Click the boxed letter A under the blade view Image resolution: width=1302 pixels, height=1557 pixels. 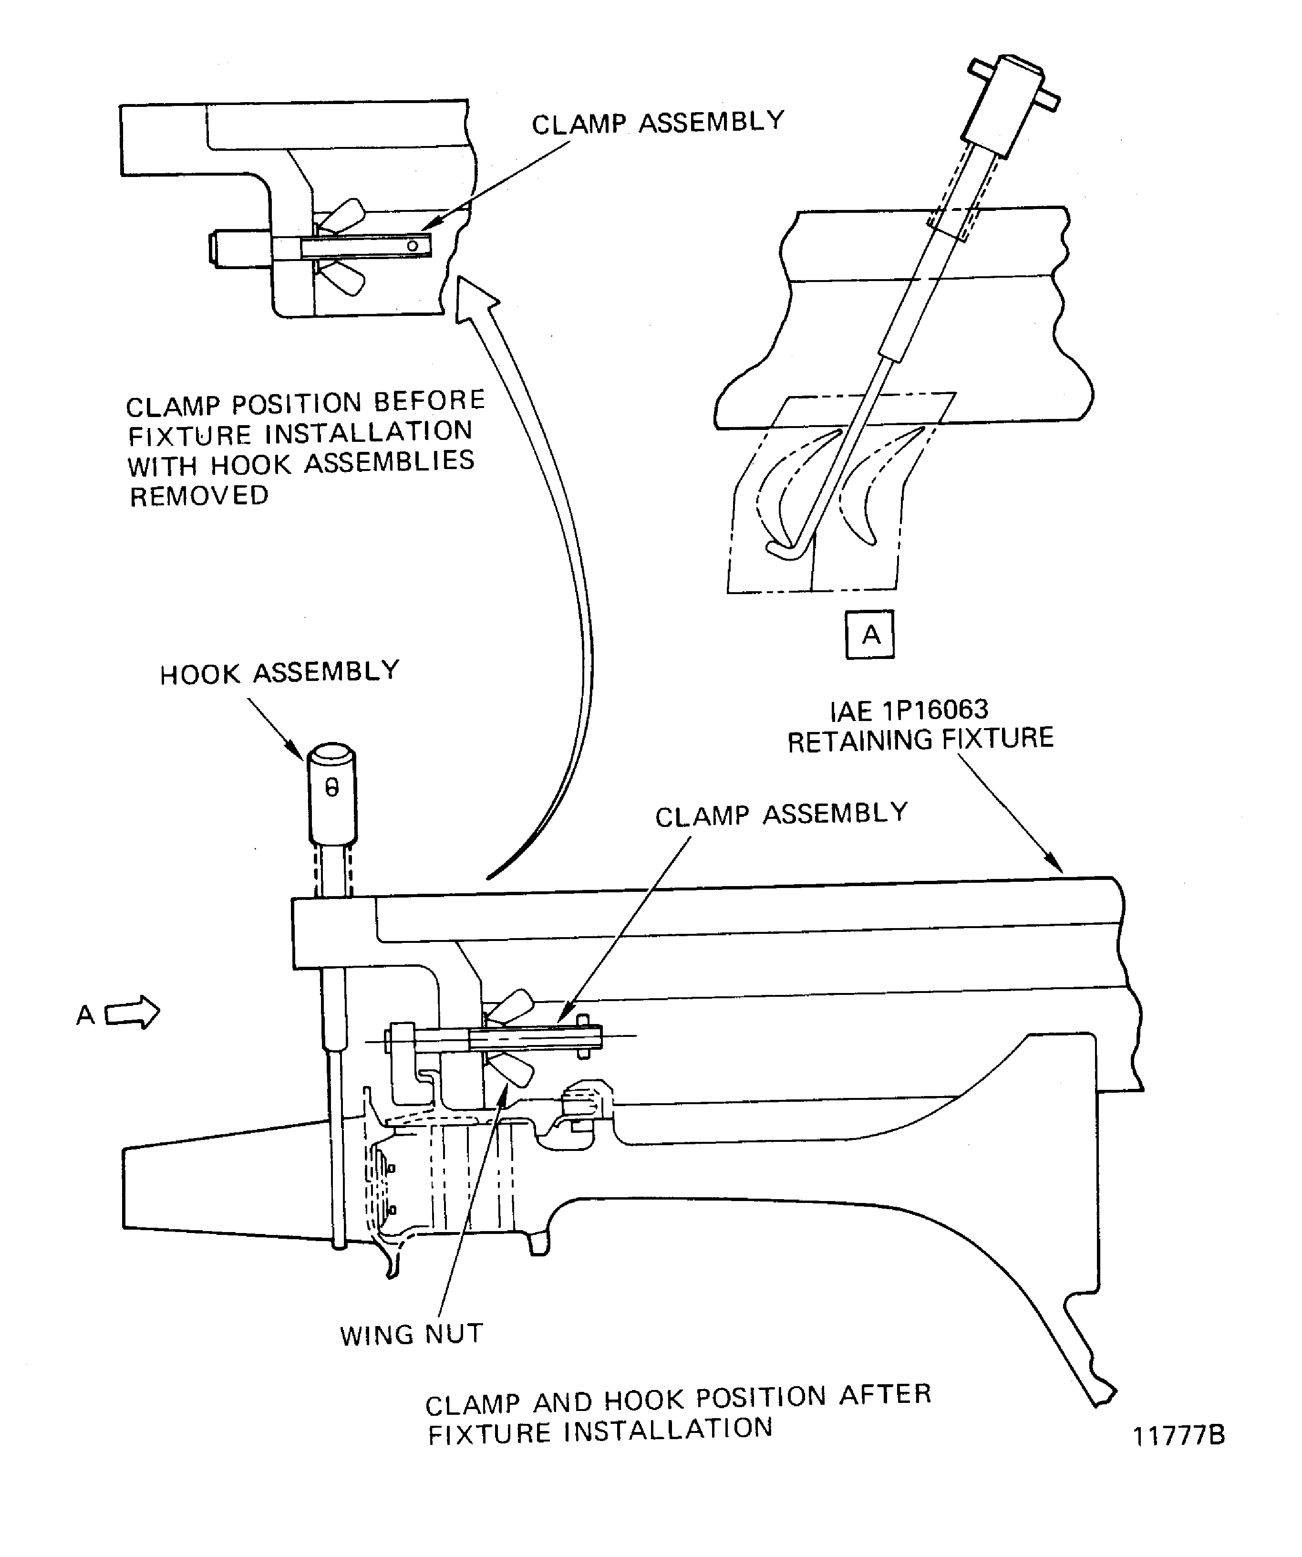coord(869,635)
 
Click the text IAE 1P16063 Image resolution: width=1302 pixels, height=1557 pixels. coord(909,711)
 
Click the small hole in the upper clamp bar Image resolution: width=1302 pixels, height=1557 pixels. coord(413,245)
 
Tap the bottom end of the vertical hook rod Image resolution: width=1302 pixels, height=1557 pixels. coord(340,1244)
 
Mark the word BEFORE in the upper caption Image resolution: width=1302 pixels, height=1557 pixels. coord(429,401)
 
